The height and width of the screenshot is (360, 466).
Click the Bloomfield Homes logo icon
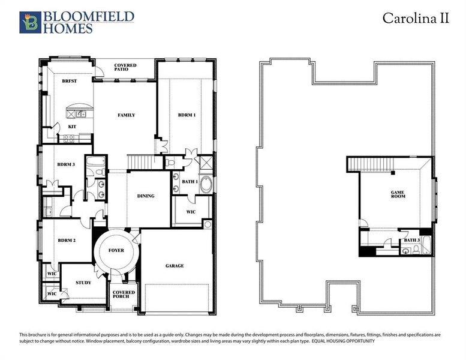click(29, 22)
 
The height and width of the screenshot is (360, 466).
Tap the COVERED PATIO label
click(126, 68)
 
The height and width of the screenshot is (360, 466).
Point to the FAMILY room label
click(126, 115)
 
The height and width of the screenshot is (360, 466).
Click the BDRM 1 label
click(187, 115)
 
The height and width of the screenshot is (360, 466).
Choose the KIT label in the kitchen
click(71, 127)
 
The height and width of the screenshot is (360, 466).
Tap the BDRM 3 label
click(65, 164)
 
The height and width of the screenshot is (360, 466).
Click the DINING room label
click(146, 196)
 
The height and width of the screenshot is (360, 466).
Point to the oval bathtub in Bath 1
click(205, 184)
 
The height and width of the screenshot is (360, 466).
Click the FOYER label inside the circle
click(116, 250)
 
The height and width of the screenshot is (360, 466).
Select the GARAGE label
click(175, 265)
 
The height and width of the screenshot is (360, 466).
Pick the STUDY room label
click(83, 282)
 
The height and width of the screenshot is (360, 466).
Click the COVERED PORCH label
click(124, 295)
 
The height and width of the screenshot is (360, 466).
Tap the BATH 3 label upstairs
click(411, 240)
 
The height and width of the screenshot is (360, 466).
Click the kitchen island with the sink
click(77, 113)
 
